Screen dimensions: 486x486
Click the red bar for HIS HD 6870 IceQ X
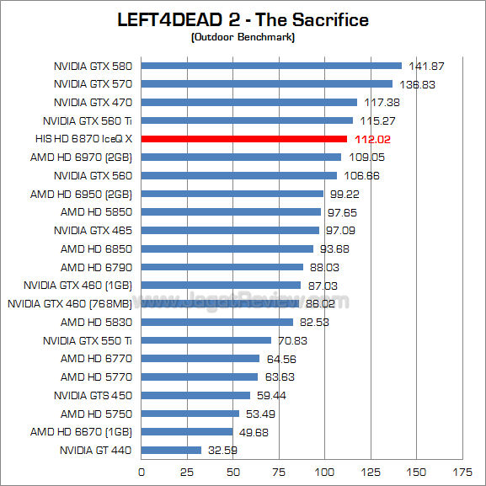click(244, 139)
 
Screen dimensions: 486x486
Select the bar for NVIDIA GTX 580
click(271, 66)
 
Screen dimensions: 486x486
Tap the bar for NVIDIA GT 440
click(171, 451)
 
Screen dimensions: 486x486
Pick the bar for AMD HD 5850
click(231, 212)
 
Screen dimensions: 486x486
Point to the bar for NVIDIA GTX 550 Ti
click(206, 340)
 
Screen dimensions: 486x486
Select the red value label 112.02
click(371, 139)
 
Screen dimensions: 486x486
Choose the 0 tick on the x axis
click(142, 473)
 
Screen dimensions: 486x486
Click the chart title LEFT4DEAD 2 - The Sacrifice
click(243, 19)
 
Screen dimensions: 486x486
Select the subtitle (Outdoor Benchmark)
click(243, 36)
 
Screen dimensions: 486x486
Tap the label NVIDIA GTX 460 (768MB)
click(69, 304)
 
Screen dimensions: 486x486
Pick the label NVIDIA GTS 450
click(93, 395)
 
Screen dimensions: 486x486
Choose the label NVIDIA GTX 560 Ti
click(88, 120)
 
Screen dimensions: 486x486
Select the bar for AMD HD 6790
click(222, 267)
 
